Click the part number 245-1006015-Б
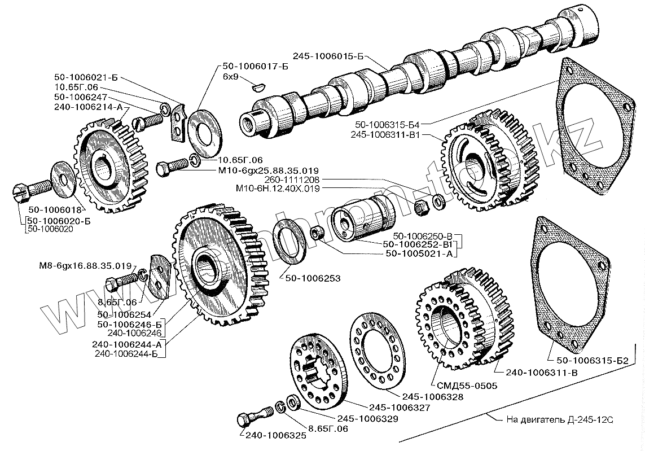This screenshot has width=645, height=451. (x=328, y=56)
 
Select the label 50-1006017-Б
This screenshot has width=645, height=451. (x=255, y=66)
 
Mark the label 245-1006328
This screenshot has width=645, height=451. (x=433, y=397)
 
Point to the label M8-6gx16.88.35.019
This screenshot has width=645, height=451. (x=85, y=266)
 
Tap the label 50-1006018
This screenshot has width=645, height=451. (x=55, y=210)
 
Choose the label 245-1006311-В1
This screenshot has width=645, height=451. (x=385, y=134)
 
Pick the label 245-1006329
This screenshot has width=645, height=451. (x=368, y=418)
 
